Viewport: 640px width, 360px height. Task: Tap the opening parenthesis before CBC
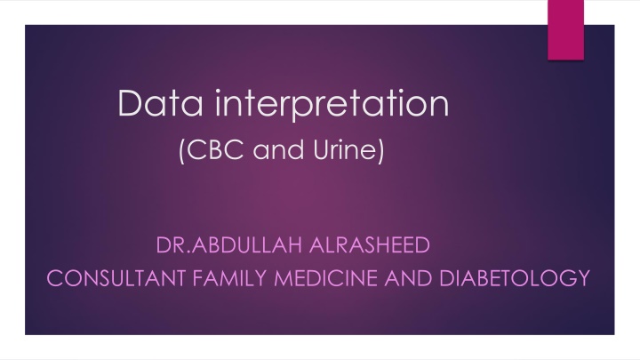[x=183, y=155]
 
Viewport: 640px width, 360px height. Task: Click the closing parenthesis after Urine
[x=381, y=155]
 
